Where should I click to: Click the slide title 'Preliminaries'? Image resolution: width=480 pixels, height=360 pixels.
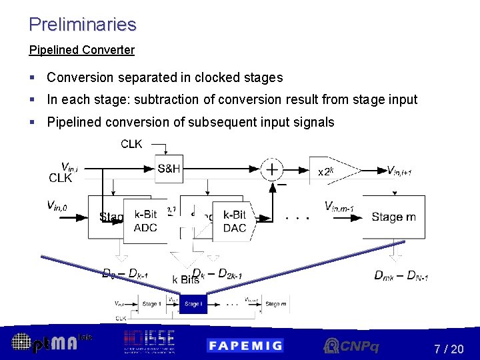pyautogui.click(x=83, y=25)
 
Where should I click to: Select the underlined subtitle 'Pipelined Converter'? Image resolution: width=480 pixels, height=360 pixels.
pyautogui.click(x=82, y=50)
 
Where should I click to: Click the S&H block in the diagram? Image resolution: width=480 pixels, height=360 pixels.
pyautogui.click(x=169, y=169)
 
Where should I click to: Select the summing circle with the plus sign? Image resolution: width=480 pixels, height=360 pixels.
pyautogui.click(x=273, y=169)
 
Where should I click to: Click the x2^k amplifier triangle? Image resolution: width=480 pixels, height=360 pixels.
pyautogui.click(x=329, y=171)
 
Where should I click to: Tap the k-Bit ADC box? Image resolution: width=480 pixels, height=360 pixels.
pyautogui.click(x=145, y=221)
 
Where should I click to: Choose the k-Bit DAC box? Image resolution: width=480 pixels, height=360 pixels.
pyautogui.click(x=235, y=221)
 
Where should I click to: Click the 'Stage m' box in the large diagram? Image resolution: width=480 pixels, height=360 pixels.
pyautogui.click(x=393, y=217)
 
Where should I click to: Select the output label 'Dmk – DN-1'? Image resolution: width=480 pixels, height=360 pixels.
pyautogui.click(x=401, y=275)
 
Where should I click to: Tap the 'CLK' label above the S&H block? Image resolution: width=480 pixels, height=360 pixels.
pyautogui.click(x=131, y=144)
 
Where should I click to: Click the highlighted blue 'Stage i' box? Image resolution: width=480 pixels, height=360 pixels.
pyautogui.click(x=193, y=304)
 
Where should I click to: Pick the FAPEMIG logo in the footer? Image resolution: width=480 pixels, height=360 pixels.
pyautogui.click(x=245, y=345)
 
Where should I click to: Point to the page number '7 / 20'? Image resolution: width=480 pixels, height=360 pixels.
pyautogui.click(x=449, y=349)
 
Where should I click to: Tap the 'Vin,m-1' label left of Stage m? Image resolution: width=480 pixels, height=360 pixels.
pyautogui.click(x=339, y=206)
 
